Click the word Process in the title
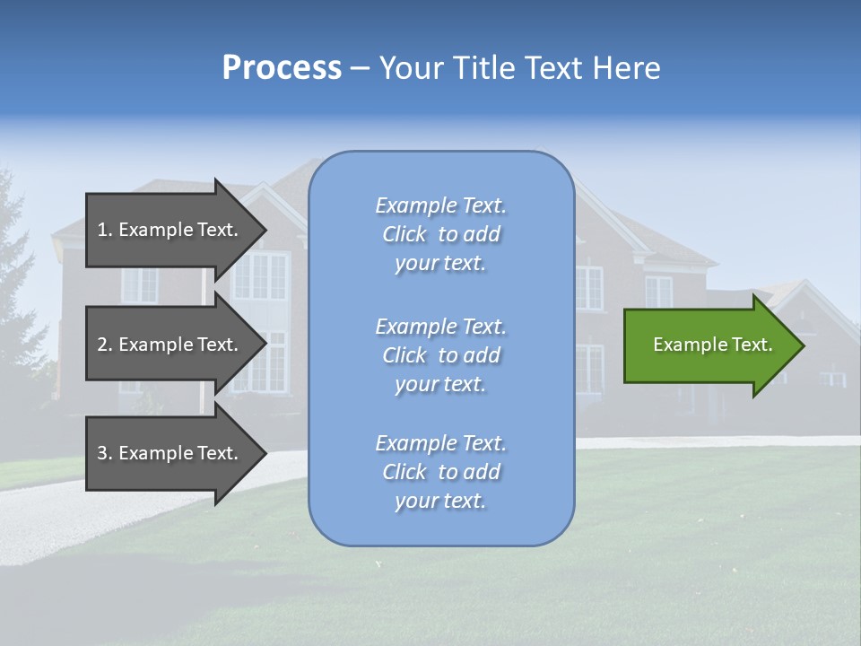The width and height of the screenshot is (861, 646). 282,68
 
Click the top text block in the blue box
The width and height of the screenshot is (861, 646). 440,234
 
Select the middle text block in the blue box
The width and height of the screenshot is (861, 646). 440,355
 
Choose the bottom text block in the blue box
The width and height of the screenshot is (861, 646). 440,472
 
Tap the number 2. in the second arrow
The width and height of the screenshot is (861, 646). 105,345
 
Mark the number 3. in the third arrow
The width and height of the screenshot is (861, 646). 105,453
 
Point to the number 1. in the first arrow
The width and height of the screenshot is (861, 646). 105,230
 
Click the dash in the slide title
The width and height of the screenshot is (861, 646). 360,69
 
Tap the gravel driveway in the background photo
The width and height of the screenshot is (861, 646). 54,520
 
